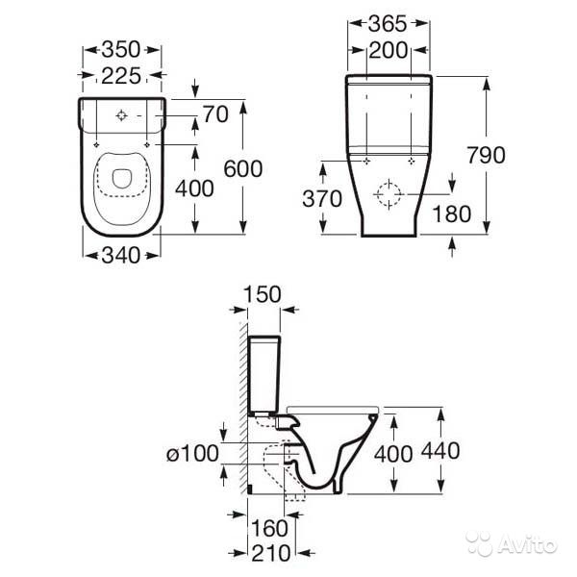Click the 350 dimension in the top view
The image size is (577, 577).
(x=121, y=49)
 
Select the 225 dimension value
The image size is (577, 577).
(x=121, y=76)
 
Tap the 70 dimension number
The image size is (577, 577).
(x=215, y=114)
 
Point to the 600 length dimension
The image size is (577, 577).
(x=243, y=169)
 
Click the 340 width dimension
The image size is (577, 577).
(x=121, y=255)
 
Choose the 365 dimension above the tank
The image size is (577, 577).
(x=388, y=23)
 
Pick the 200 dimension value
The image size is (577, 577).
(x=388, y=50)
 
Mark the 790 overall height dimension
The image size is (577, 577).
(x=486, y=155)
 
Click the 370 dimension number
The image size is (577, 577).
(x=322, y=199)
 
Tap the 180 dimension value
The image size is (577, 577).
(x=452, y=213)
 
